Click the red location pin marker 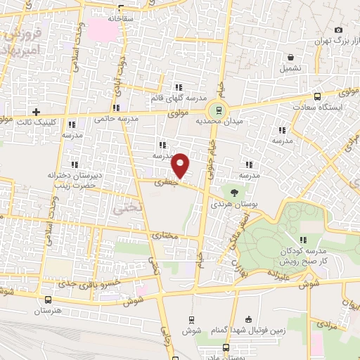click(181, 165)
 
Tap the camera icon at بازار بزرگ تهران click(339, 30)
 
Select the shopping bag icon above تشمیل click(290, 57)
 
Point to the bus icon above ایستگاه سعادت click(318, 96)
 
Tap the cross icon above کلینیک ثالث click(36, 111)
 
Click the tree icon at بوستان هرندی click(234, 191)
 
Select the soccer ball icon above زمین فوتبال click(246, 319)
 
